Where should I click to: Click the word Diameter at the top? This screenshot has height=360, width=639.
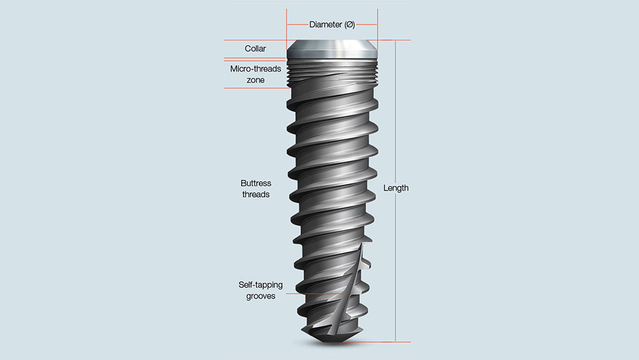(325, 25)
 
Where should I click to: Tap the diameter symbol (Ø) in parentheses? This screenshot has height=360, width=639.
(350, 25)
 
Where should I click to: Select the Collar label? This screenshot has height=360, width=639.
(255, 49)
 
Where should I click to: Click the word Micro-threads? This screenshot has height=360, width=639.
(256, 68)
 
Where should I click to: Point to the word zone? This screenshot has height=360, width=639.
(256, 80)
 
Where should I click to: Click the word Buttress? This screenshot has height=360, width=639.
(256, 183)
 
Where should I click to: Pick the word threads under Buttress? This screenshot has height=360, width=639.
(256, 194)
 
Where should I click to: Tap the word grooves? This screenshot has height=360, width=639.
(261, 297)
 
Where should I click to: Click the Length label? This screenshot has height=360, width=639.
(396, 188)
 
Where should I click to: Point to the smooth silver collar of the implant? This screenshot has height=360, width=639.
(332, 49)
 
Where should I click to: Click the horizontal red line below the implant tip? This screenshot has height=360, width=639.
(371, 341)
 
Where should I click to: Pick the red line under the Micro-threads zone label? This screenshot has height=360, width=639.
(256, 88)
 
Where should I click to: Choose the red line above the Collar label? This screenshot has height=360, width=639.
(256, 40)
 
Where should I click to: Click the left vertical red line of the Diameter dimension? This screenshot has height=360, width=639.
(287, 26)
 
